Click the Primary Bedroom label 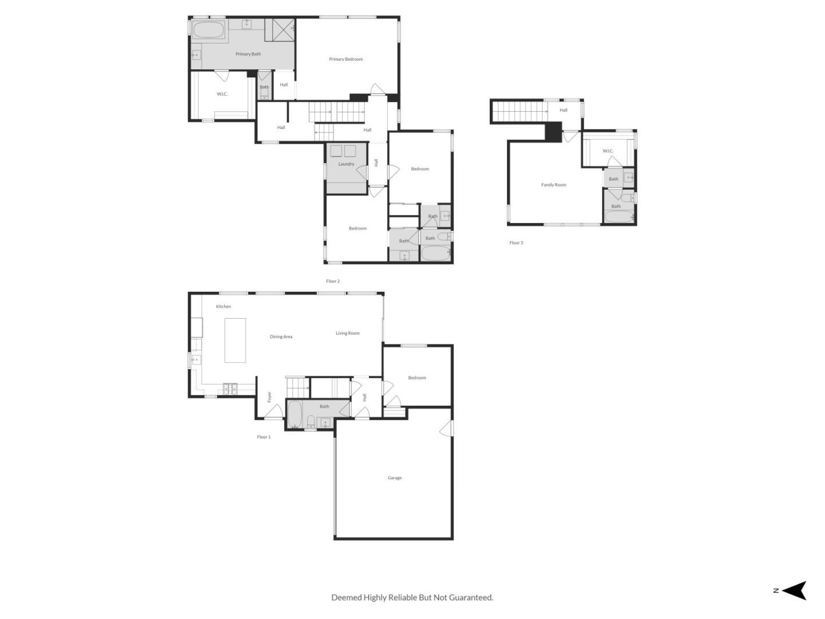345,59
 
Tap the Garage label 395,477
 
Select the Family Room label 553,185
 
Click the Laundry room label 346,164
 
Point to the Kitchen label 223,307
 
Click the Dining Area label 281,336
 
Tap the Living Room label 348,333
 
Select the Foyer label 269,396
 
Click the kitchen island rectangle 235,340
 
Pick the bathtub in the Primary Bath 209,30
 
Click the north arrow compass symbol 793,590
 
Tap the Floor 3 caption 516,242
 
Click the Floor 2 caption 333,281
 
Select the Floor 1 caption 264,437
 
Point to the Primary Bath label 248,54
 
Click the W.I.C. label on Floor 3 608,151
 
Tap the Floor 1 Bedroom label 417,378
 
